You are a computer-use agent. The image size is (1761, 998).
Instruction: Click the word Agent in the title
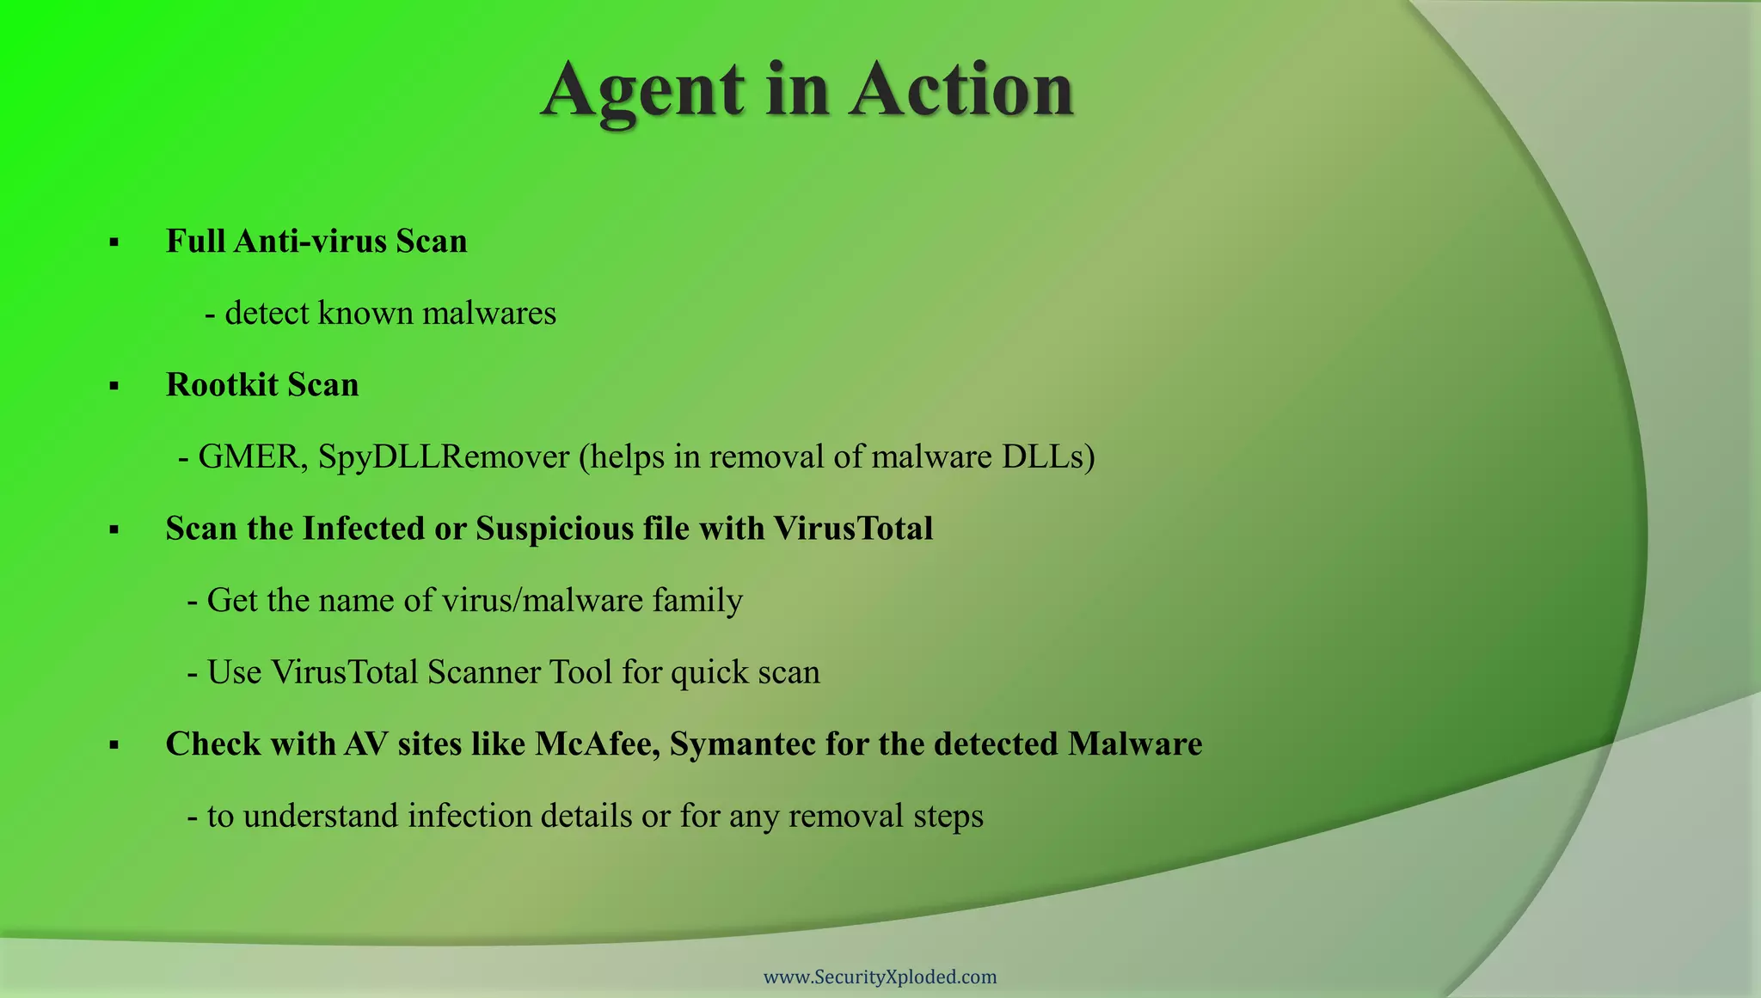tap(642, 91)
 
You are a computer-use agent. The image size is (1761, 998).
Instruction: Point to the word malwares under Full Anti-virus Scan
tap(489, 313)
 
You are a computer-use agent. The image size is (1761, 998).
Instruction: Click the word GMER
tap(249, 457)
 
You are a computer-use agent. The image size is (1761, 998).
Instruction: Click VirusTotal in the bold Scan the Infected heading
tap(852, 529)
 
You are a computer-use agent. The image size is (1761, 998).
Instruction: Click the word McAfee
tap(597, 744)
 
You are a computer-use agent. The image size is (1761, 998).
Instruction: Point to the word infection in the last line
tap(469, 816)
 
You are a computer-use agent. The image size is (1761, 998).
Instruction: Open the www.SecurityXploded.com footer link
tap(880, 977)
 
